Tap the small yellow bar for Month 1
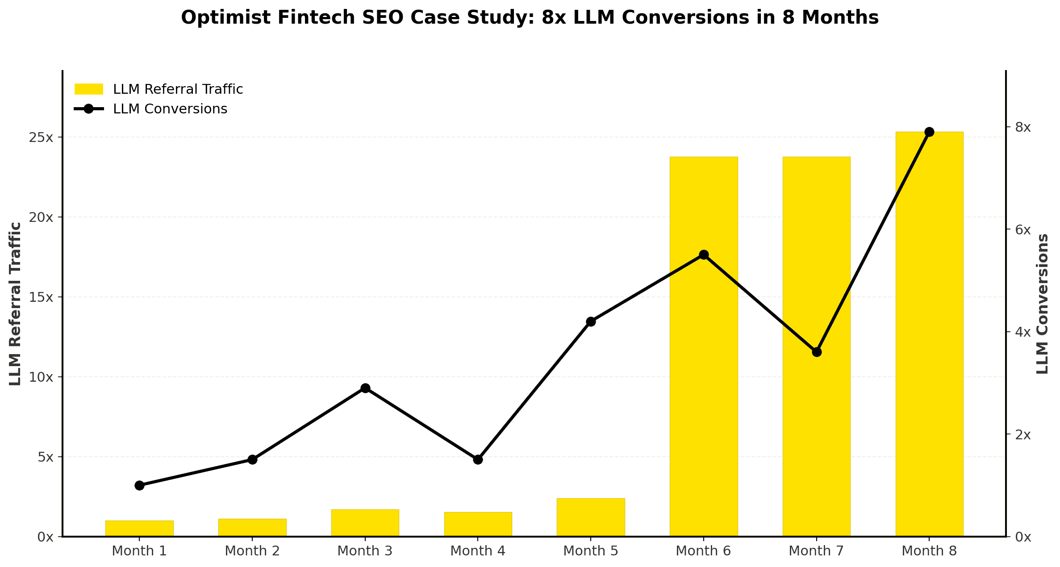pyautogui.click(x=139, y=529)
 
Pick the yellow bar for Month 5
pyautogui.click(x=591, y=517)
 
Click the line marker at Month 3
pyautogui.click(x=365, y=388)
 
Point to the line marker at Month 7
pyautogui.click(x=817, y=352)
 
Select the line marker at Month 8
pyautogui.click(x=929, y=132)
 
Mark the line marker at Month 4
pyautogui.click(x=478, y=459)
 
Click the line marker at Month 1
pyautogui.click(x=139, y=485)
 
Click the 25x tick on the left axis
pyautogui.click(x=41, y=138)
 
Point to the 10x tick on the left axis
pyautogui.click(x=41, y=377)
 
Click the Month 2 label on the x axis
pyautogui.click(x=252, y=551)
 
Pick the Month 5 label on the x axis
pyautogui.click(x=591, y=551)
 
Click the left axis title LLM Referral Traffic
pyautogui.click(x=15, y=304)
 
